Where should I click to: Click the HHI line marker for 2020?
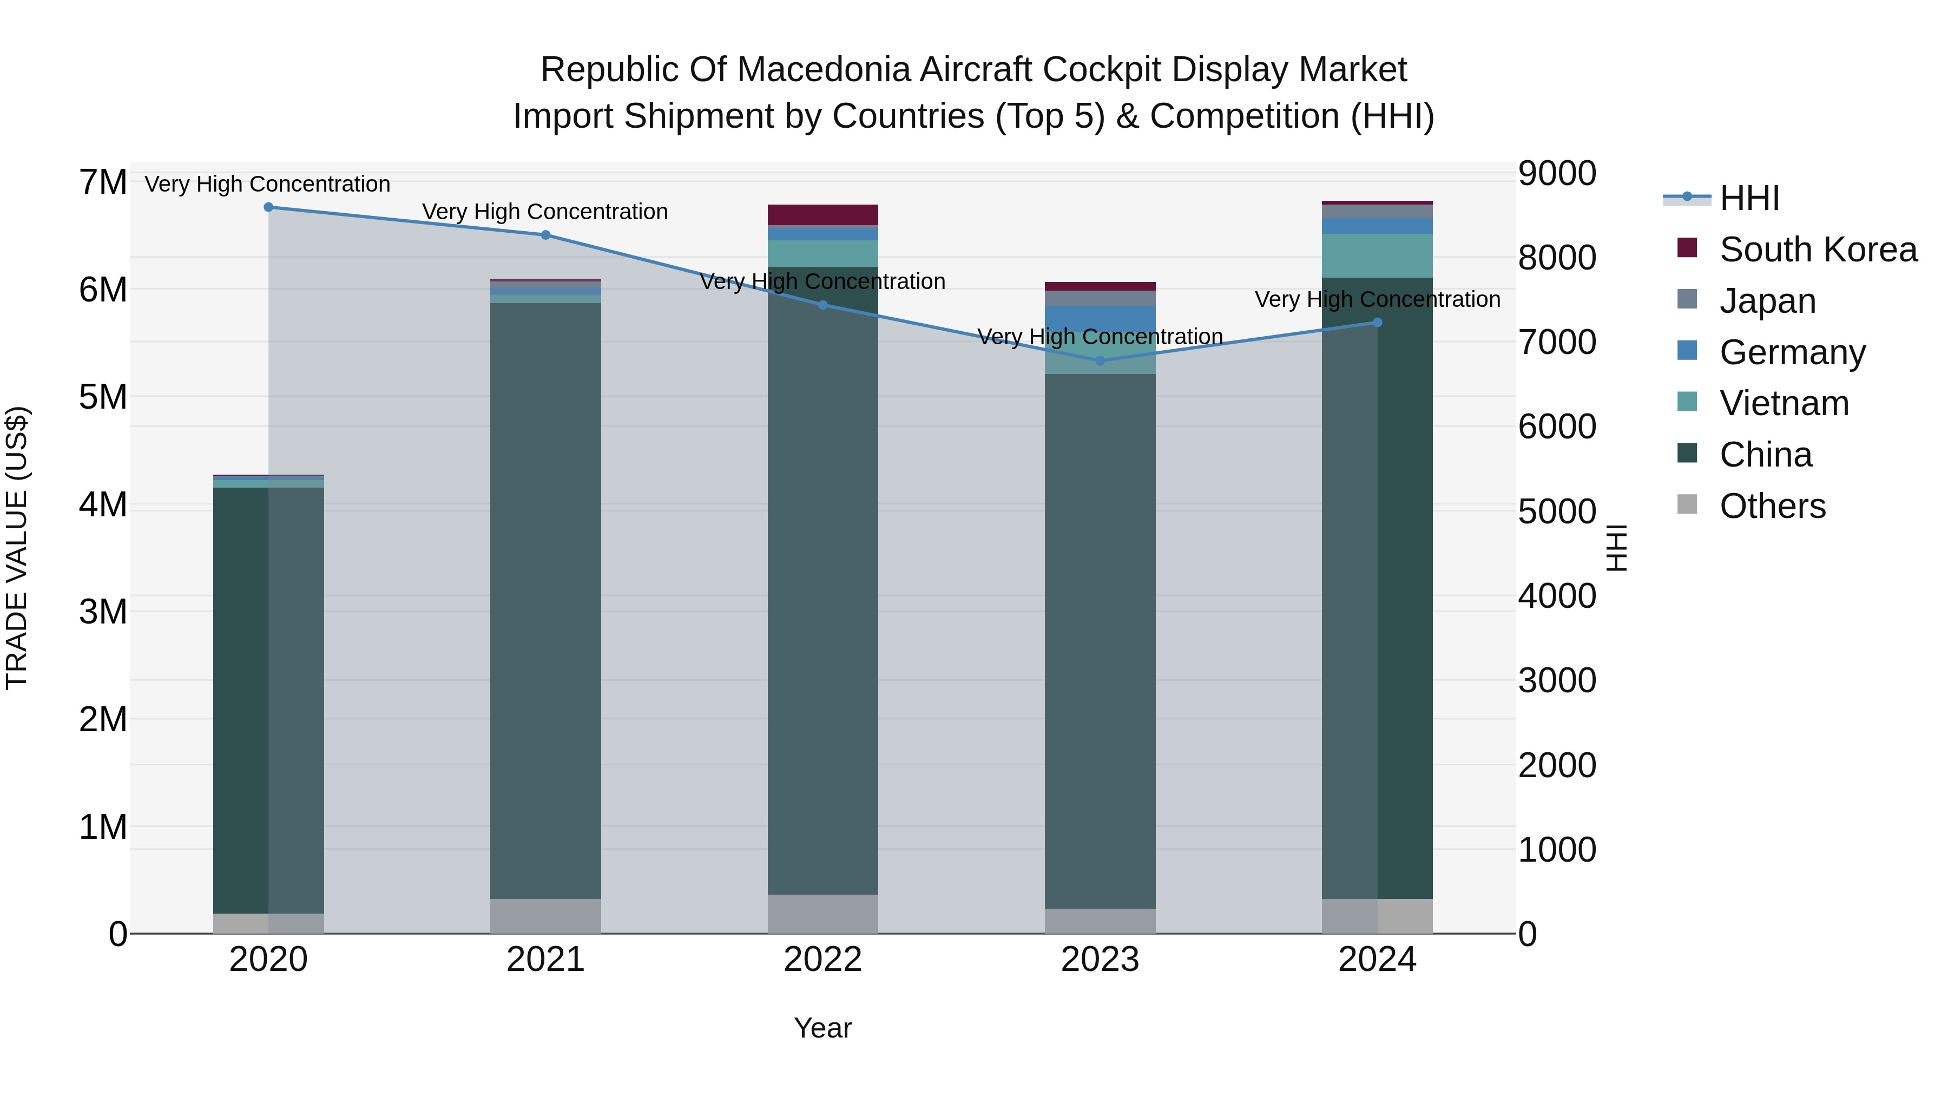pos(268,207)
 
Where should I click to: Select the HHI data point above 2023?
pos(1100,361)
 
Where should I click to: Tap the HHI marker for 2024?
pos(1377,322)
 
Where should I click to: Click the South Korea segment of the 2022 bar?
pos(822,215)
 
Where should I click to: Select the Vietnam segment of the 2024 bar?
pos(1377,255)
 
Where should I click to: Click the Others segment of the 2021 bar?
pos(545,915)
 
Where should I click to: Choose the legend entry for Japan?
pos(1767,301)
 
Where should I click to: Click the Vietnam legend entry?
pos(1784,403)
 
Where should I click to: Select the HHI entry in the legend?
pos(1749,198)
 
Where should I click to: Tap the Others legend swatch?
pos(1687,504)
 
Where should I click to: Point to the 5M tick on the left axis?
pos(103,397)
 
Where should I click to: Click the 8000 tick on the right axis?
pos(1557,258)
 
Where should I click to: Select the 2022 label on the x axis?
pos(822,960)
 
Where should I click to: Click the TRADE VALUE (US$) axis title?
pos(17,548)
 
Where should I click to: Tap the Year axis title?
pos(822,1028)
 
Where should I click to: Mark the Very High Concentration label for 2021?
pos(545,212)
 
